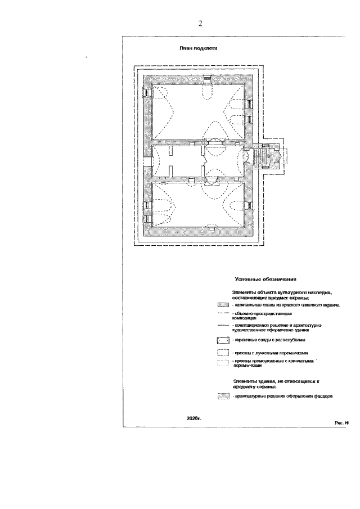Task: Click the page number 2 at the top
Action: coord(200,23)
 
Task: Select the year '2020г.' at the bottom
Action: coord(193,419)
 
